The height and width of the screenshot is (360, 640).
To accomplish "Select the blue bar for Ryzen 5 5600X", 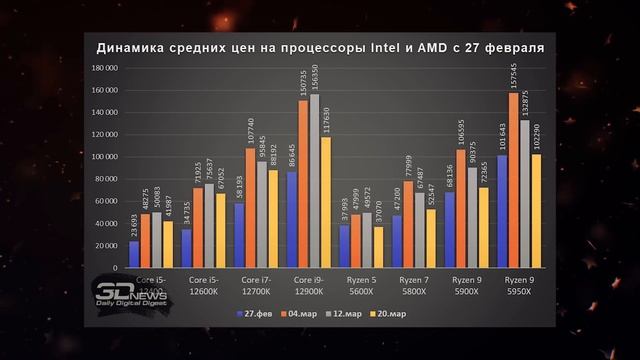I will (x=344, y=248).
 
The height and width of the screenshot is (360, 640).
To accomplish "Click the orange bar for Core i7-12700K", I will (x=249, y=209).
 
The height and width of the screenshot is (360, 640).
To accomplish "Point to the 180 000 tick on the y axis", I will (x=104, y=67).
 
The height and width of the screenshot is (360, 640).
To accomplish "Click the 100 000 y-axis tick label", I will (x=104, y=157).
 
